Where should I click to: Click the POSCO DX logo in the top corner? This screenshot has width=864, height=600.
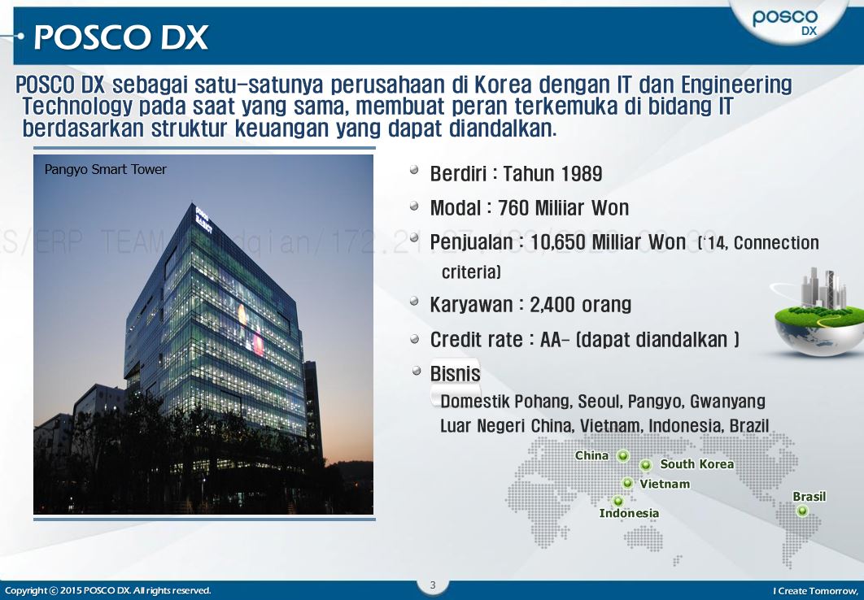[x=785, y=23]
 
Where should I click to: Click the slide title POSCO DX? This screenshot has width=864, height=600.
[x=121, y=37]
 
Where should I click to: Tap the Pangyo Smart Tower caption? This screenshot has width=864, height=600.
[x=105, y=169]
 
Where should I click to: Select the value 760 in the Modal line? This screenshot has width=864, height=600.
[x=513, y=208]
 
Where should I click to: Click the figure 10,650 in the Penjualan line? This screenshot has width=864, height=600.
[x=558, y=242]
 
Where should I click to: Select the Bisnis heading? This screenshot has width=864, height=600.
[x=455, y=374]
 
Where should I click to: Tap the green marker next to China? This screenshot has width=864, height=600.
[x=623, y=456]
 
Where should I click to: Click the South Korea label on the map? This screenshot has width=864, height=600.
[x=696, y=464]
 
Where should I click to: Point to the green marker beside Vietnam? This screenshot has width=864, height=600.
[x=628, y=484]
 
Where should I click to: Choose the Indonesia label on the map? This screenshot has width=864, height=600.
[x=629, y=513]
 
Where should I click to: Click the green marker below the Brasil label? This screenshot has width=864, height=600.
[x=802, y=511]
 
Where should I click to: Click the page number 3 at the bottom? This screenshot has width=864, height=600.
[x=433, y=585]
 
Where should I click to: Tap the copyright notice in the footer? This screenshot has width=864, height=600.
[x=107, y=590]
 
